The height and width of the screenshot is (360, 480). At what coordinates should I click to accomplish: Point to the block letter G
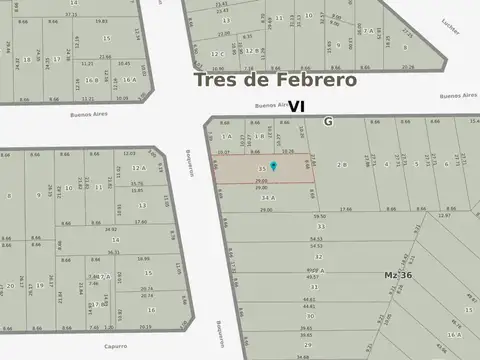click(x=327, y=121)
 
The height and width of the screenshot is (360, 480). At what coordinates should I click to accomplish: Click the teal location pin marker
click(x=273, y=166)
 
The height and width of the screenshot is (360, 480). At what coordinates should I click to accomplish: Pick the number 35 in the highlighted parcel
click(x=261, y=167)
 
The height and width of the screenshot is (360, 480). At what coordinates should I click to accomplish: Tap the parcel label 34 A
click(x=266, y=198)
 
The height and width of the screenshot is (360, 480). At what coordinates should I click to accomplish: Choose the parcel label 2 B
click(x=342, y=163)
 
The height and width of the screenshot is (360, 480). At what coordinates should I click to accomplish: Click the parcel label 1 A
click(x=227, y=136)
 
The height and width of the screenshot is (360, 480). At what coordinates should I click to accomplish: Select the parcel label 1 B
click(x=259, y=136)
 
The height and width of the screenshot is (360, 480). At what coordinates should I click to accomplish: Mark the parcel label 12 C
click(x=217, y=53)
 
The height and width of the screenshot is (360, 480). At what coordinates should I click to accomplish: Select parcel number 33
click(x=321, y=226)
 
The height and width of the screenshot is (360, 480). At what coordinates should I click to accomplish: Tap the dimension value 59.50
click(x=320, y=215)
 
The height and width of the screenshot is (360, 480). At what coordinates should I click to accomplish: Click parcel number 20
click(x=10, y=286)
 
